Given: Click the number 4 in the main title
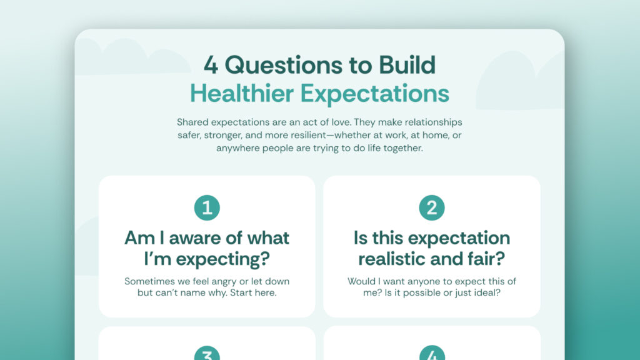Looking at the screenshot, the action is (x=211, y=65).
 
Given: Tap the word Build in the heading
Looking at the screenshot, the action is (x=407, y=65).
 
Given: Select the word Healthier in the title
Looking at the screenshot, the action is (x=242, y=94).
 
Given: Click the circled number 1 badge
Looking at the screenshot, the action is (x=207, y=207).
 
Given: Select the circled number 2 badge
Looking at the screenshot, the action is (x=432, y=207).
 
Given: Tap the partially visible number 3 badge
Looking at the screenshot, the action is (x=207, y=353).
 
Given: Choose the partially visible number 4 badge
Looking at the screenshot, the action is (x=432, y=353).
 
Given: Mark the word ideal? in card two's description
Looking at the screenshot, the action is (x=486, y=292).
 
